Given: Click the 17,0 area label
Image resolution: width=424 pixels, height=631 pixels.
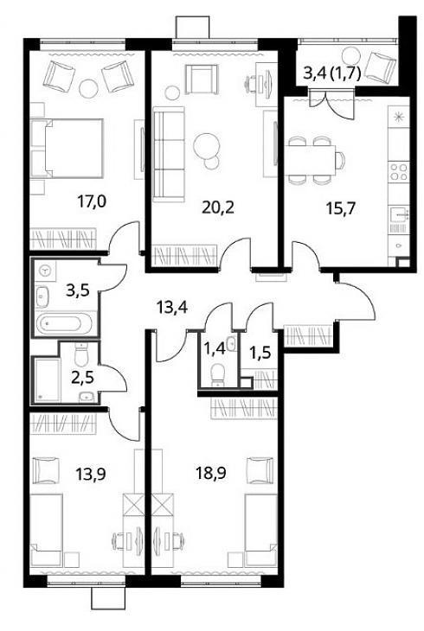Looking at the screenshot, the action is click(92, 201).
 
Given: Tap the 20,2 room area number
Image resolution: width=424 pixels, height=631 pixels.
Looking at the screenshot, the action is click(218, 207).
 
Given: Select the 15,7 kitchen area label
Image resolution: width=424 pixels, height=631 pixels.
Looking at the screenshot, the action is click(341, 209).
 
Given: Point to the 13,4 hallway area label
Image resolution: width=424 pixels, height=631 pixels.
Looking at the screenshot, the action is click(172, 309).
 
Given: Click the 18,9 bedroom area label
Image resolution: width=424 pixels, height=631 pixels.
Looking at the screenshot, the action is click(211, 474).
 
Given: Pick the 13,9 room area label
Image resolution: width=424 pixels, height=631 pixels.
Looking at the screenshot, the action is click(91, 475).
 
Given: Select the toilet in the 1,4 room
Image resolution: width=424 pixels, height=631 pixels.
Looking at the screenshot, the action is click(218, 374).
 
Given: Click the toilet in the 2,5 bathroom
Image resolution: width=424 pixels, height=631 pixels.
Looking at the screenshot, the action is click(81, 354).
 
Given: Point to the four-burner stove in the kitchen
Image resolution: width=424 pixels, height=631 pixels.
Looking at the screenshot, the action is click(399, 172).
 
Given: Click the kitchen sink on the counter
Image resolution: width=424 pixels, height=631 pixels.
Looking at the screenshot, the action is click(399, 214).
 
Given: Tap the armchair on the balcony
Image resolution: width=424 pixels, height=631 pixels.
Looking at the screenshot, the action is click(382, 65).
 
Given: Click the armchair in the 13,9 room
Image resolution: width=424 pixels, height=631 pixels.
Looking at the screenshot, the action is click(47, 470).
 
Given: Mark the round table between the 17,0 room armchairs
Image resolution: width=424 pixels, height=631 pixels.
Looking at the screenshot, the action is click(88, 88).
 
